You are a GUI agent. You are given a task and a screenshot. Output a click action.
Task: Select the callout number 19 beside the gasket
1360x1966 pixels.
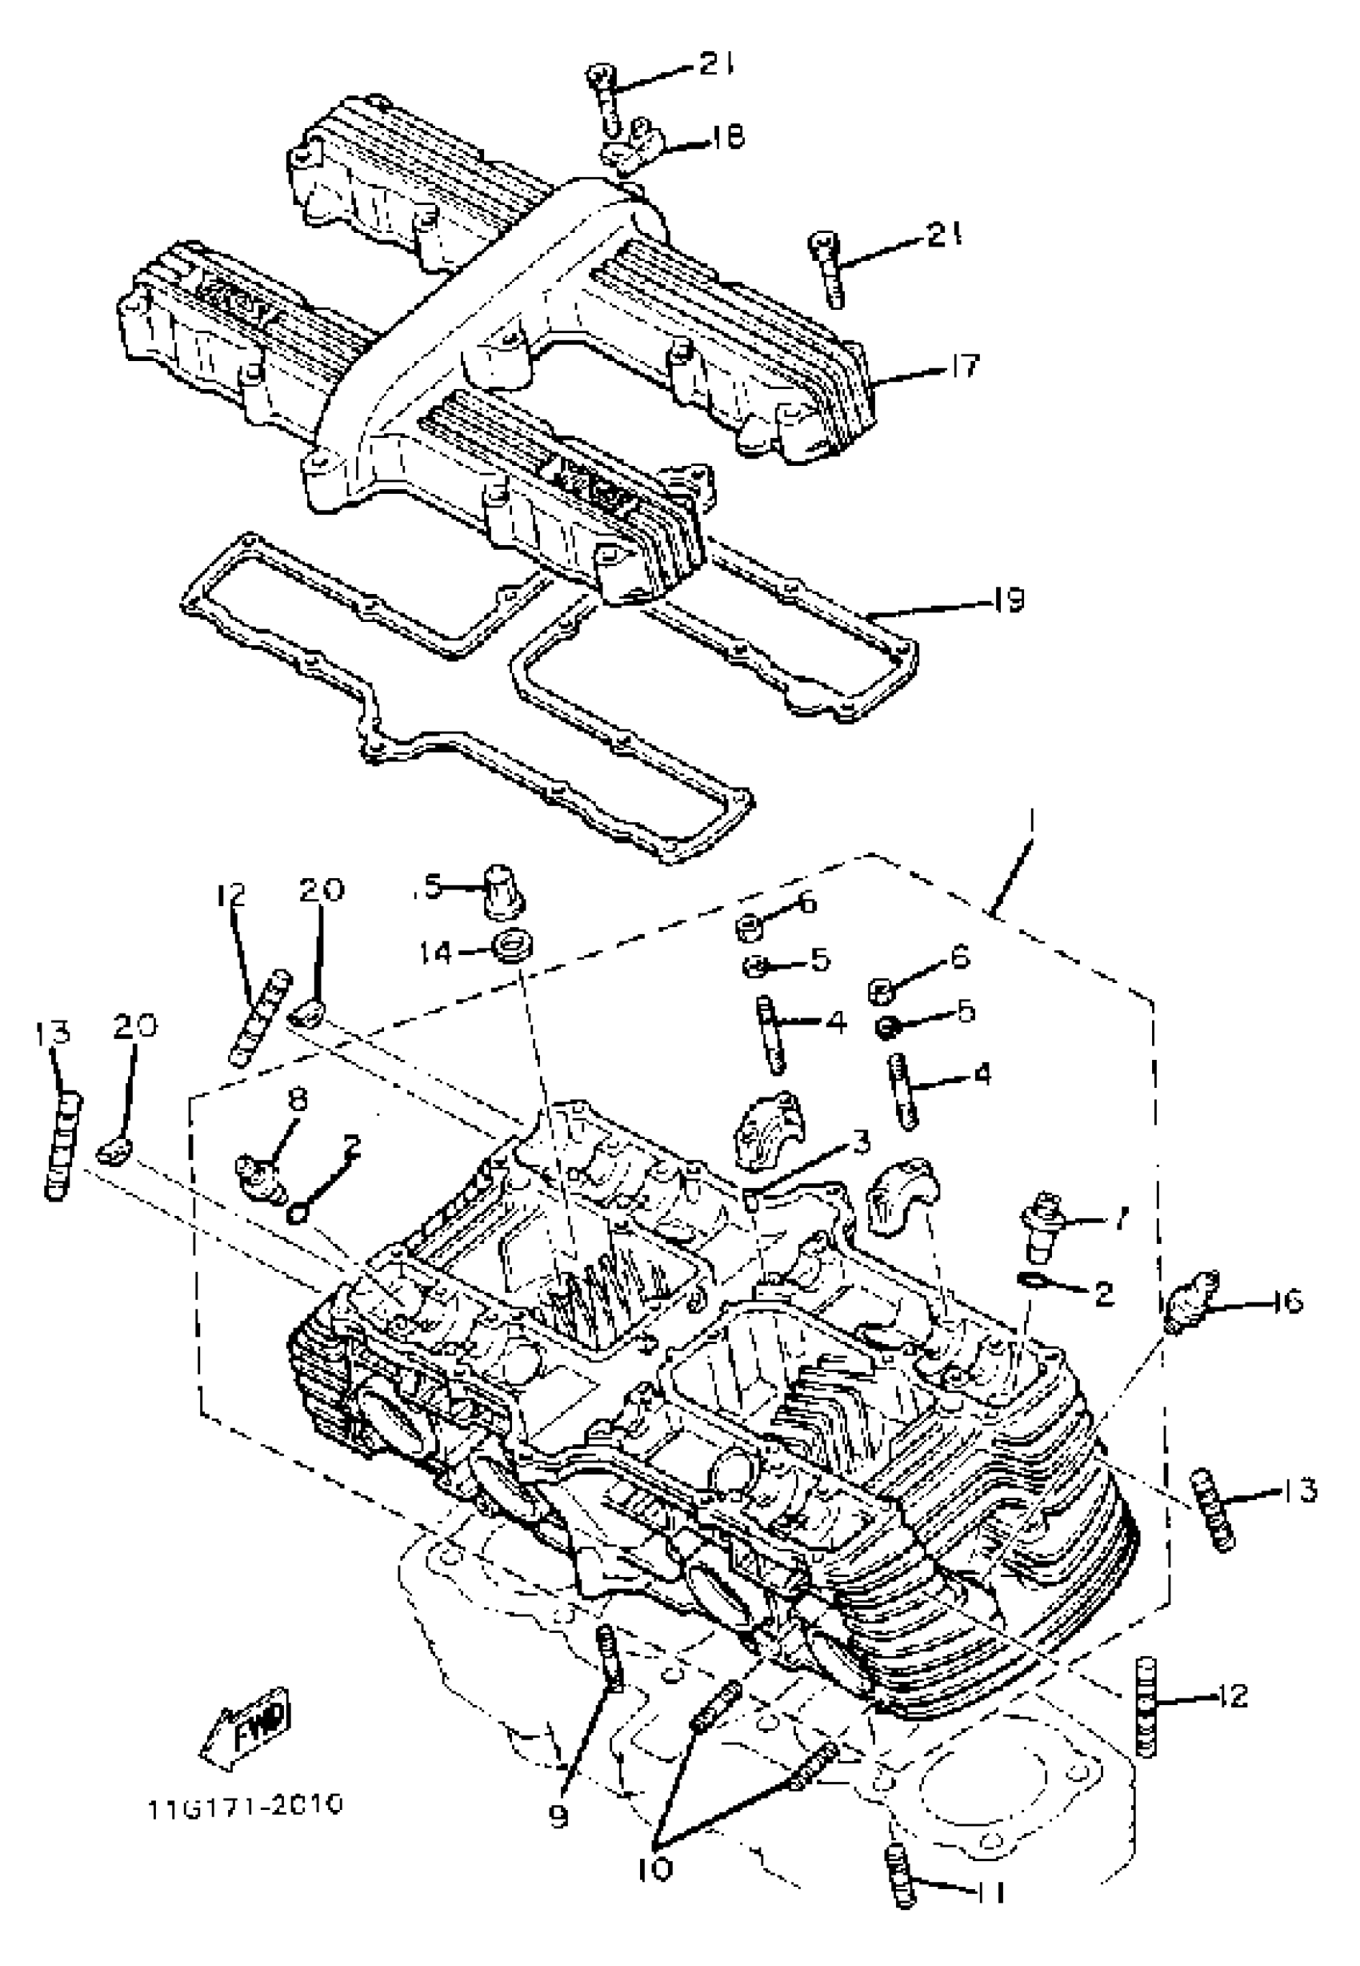pyautogui.click(x=1007, y=601)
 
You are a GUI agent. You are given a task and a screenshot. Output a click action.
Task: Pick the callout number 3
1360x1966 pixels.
pyautogui.click(x=861, y=1141)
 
